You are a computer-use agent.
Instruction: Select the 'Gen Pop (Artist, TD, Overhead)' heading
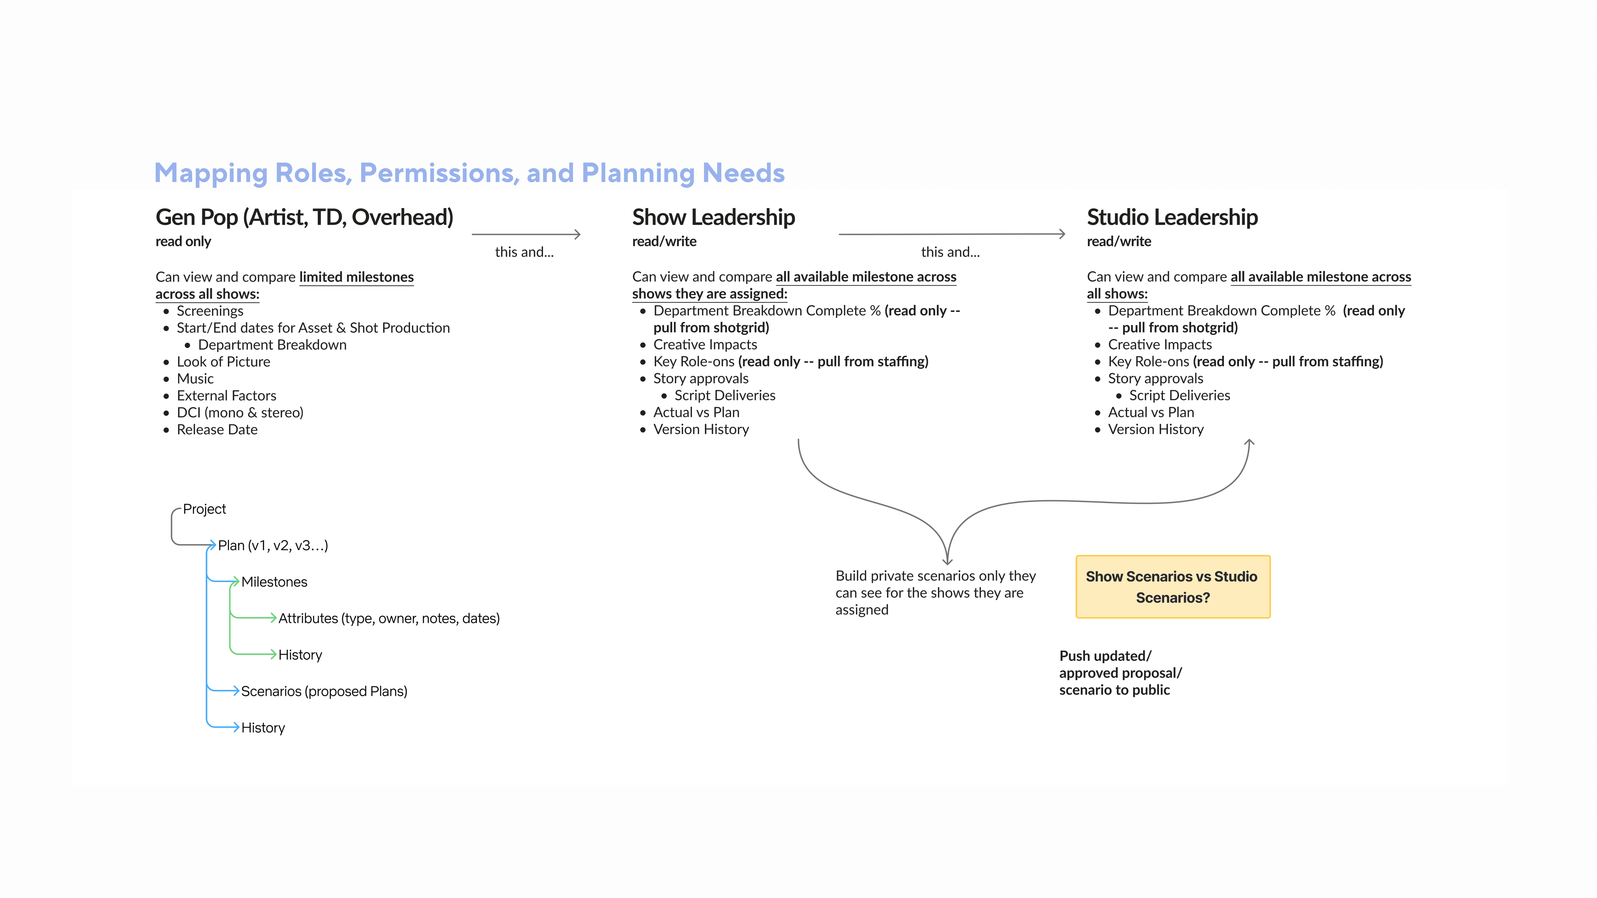click(304, 218)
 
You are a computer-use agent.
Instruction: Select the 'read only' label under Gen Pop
click(183, 242)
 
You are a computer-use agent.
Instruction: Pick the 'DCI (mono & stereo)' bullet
click(240, 413)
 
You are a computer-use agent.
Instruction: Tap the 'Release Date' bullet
click(217, 429)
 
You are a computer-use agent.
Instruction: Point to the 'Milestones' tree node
click(274, 582)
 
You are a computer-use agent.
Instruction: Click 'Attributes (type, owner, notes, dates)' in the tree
click(389, 619)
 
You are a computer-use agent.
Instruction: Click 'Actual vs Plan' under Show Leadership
click(696, 413)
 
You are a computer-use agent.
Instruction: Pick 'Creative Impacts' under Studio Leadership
click(1159, 345)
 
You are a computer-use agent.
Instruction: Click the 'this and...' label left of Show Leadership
click(524, 252)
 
